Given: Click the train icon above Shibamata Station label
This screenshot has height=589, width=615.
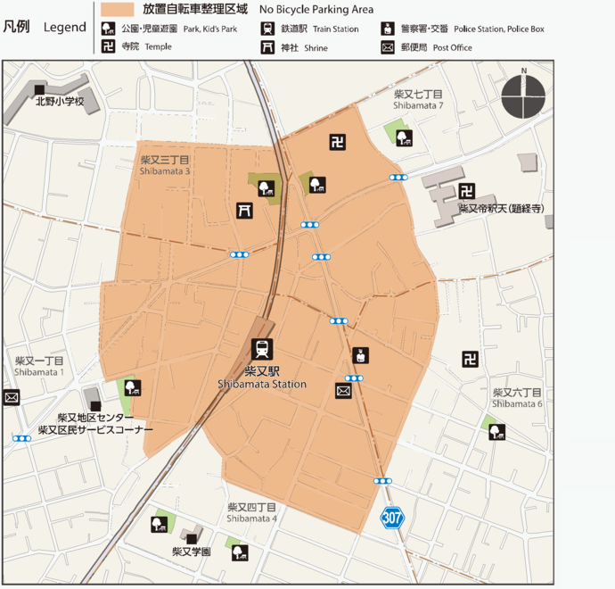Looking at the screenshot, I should [x=263, y=348].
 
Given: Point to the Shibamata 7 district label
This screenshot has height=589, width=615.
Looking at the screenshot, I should [x=418, y=99].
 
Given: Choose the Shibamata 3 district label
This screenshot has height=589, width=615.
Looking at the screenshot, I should [x=165, y=165].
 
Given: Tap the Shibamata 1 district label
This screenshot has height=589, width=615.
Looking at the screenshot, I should [x=38, y=366].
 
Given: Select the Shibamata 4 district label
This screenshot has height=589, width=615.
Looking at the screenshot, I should [x=251, y=512].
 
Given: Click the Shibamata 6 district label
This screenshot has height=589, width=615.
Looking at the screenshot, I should [x=517, y=398].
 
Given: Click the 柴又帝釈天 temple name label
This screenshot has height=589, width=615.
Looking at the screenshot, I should [x=502, y=209].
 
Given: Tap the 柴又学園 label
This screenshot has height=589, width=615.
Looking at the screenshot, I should [x=191, y=552].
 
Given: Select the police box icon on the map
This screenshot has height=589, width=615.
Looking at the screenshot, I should [x=360, y=355].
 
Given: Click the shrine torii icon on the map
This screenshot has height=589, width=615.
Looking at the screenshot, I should [x=242, y=210].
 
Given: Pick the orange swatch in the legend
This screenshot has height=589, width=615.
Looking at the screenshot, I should [x=117, y=9].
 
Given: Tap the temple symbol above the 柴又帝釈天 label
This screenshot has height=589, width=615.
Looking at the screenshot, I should [x=466, y=190].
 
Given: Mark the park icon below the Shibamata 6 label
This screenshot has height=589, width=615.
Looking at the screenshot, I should [x=496, y=431].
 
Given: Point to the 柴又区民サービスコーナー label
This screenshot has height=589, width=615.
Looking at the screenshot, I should [x=95, y=429].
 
